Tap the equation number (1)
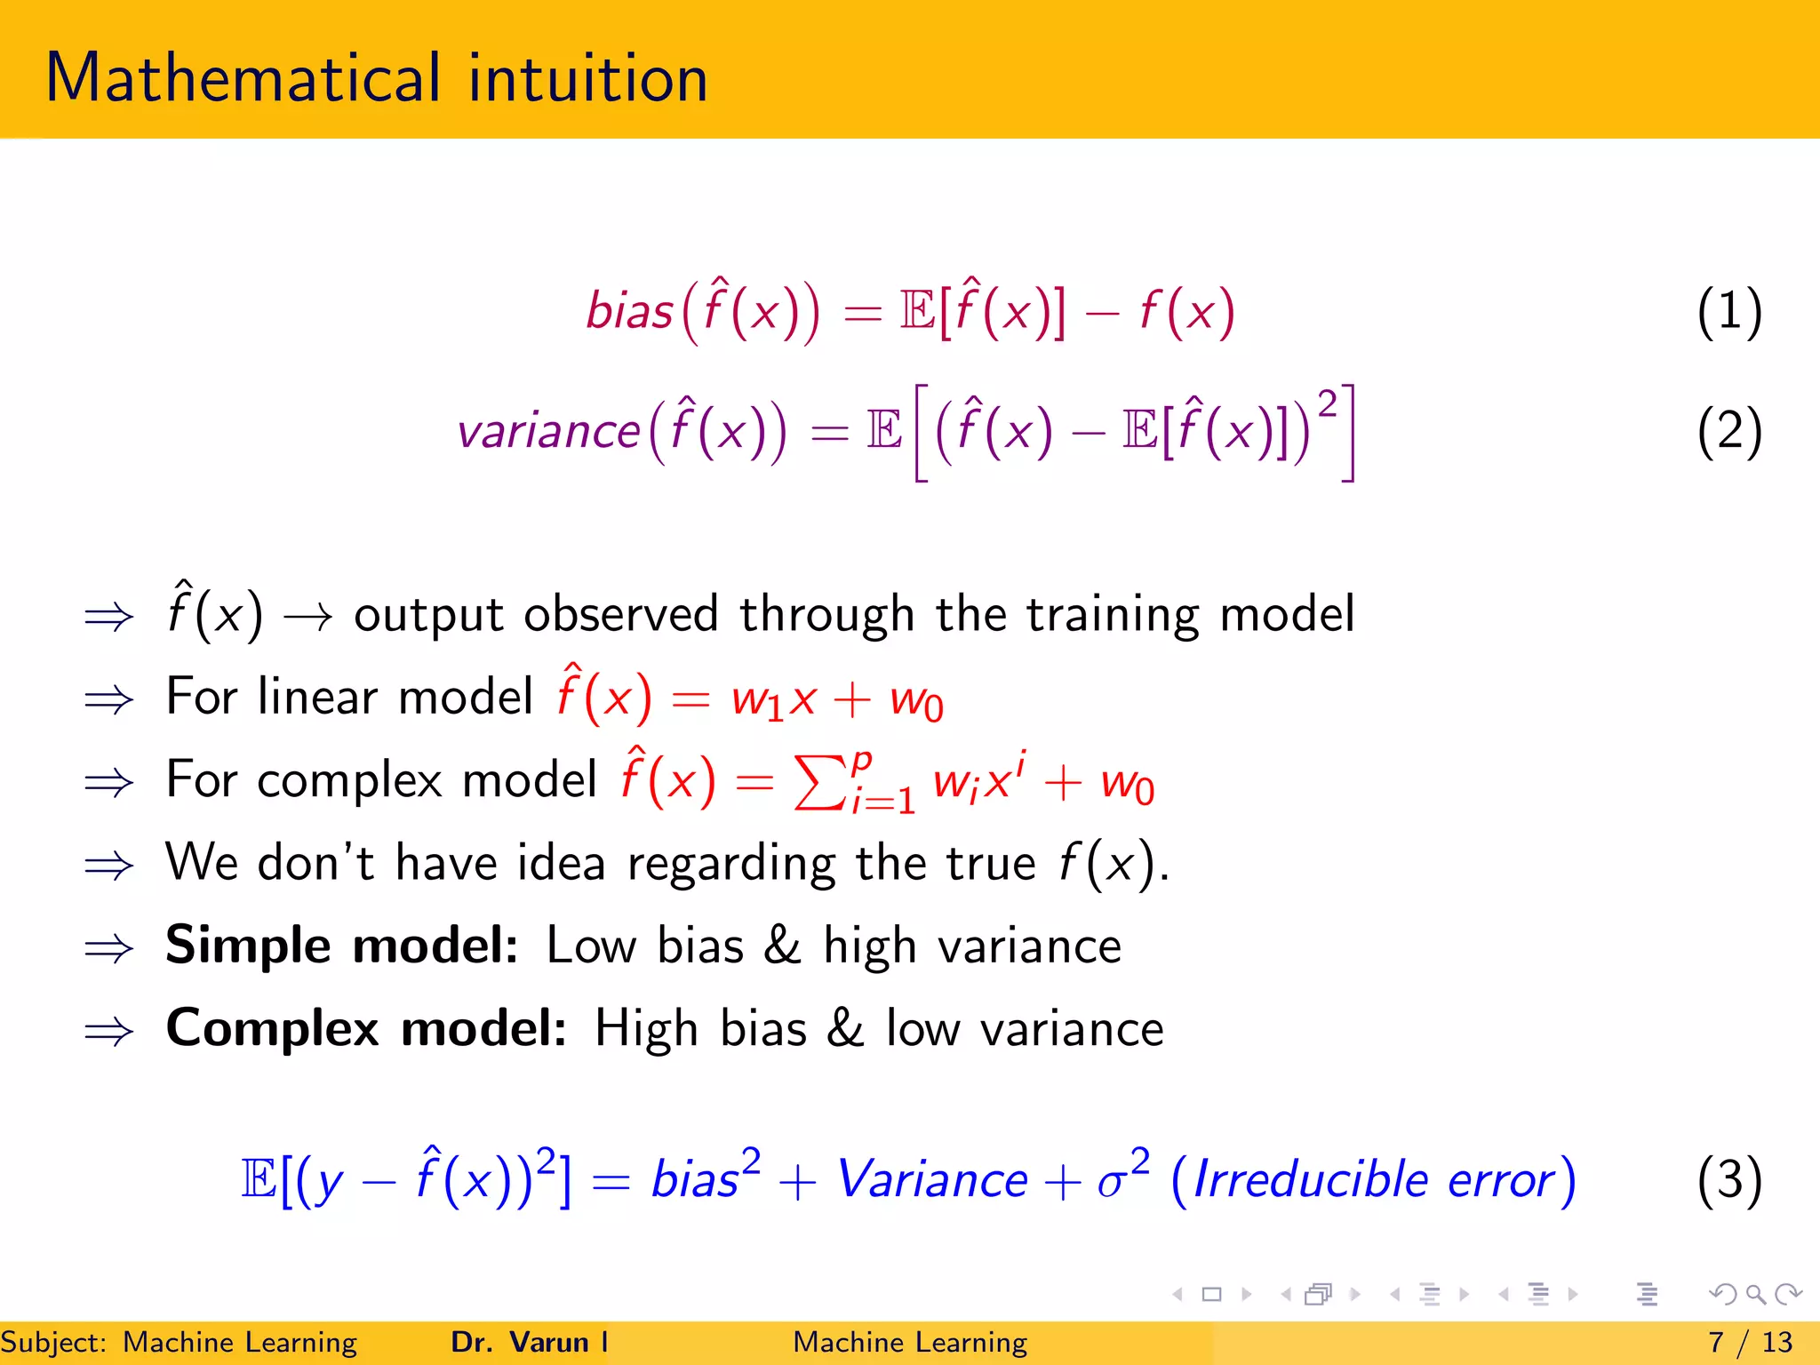pos(1728,312)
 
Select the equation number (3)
pos(1728,1180)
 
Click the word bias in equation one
pos(629,312)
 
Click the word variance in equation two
pos(548,433)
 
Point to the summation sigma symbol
pos(818,782)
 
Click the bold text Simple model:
pos(342,945)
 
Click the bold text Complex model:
pos(366,1028)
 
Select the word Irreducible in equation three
pos(1310,1180)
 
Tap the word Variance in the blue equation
pos(932,1180)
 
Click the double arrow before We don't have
pos(108,865)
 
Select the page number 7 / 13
pos(1750,1342)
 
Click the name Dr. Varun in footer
pos(520,1342)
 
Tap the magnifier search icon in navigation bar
pos(1755,1294)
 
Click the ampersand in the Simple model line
pos(782,945)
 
